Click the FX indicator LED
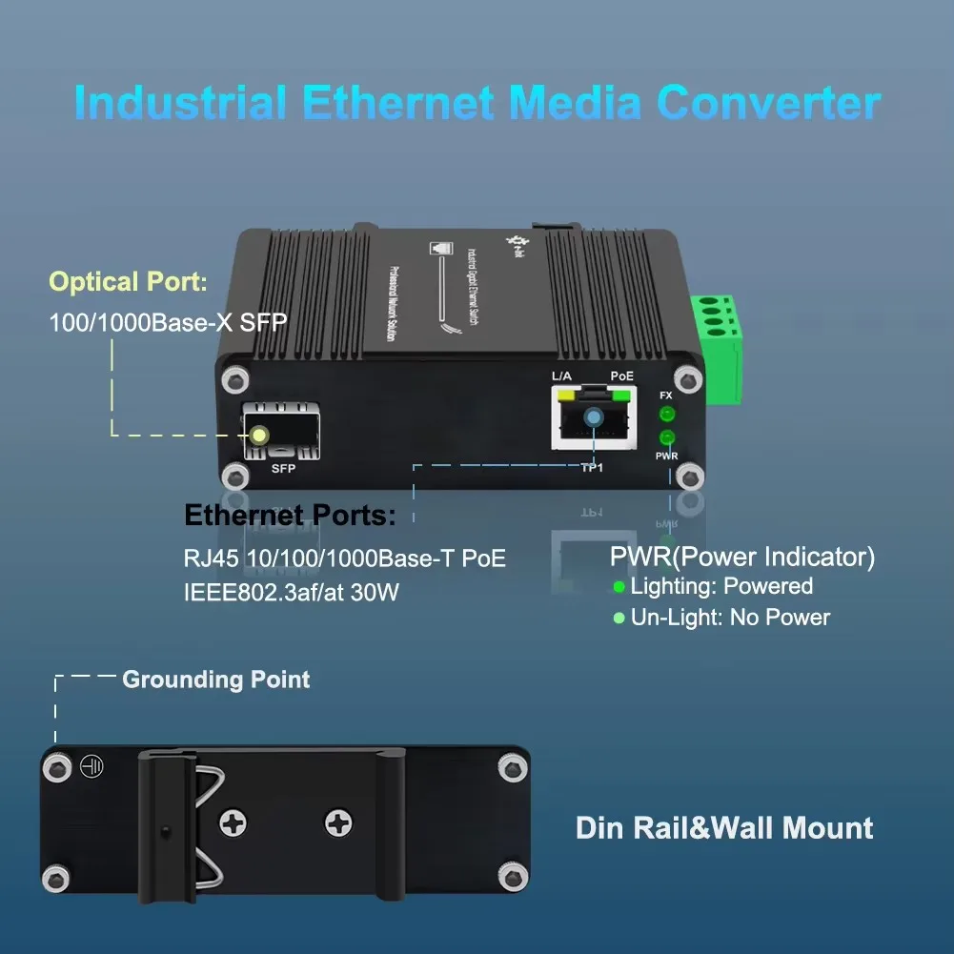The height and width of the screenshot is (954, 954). point(666,414)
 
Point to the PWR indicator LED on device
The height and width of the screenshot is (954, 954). point(666,438)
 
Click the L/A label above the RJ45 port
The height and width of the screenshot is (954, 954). point(562,377)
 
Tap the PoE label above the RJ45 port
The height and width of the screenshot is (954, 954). point(621,377)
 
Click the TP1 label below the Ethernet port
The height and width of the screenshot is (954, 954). point(593,468)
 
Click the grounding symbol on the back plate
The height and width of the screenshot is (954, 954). point(91,764)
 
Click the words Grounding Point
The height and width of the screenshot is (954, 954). point(216,680)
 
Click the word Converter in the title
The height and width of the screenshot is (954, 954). point(768,103)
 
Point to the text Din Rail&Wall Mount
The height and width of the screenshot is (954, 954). point(724,827)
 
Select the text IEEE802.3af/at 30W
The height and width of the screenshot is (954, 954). point(292,593)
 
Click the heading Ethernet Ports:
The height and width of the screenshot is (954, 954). point(290,517)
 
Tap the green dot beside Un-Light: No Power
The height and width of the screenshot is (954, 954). point(619,619)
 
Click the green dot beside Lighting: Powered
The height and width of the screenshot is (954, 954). point(619,587)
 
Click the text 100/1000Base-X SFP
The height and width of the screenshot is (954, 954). point(168,322)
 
